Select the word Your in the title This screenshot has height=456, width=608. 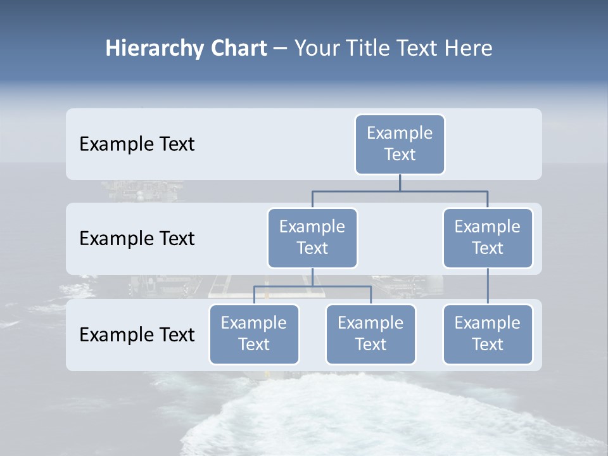pyautogui.click(x=317, y=48)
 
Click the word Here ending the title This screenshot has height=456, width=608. pyautogui.click(x=468, y=48)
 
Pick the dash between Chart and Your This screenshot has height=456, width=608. pyautogui.click(x=281, y=49)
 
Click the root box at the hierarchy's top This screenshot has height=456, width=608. pyautogui.click(x=400, y=144)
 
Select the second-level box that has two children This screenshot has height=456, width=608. pyautogui.click(x=312, y=237)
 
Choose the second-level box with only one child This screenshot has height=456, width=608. pyautogui.click(x=487, y=237)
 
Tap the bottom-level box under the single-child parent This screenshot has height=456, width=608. pyautogui.click(x=487, y=334)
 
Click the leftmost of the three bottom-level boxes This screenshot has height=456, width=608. pyautogui.click(x=254, y=334)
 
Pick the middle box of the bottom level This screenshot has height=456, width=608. pyautogui.click(x=370, y=334)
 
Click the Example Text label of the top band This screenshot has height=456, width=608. pyautogui.click(x=137, y=144)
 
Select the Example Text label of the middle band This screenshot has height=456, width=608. pyautogui.click(x=137, y=239)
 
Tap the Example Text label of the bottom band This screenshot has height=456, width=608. pyautogui.click(x=137, y=334)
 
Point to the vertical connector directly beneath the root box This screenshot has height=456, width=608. pyautogui.click(x=400, y=182)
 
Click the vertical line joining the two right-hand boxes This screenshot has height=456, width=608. pyautogui.click(x=488, y=286)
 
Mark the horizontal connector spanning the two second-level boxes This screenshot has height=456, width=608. pyautogui.click(x=400, y=191)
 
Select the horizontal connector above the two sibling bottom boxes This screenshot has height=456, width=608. pyautogui.click(x=312, y=286)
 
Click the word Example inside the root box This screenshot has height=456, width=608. pyautogui.click(x=400, y=133)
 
